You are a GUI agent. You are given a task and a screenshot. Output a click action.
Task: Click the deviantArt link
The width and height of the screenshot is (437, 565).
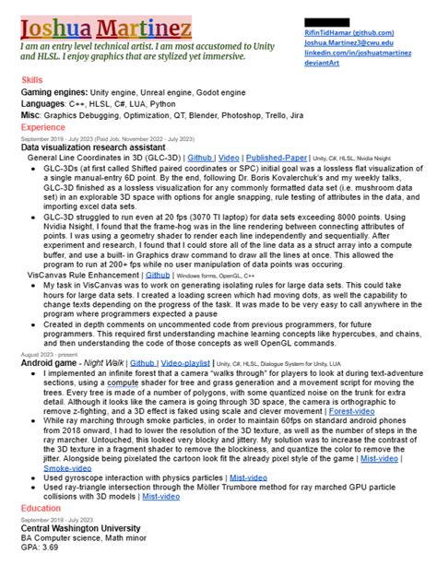[320, 65]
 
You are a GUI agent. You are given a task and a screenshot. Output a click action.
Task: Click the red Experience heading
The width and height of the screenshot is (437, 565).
[42, 127]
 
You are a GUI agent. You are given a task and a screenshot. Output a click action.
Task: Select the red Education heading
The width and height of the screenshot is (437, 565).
[41, 508]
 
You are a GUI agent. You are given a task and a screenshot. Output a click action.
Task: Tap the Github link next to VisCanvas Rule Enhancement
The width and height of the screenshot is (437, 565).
[159, 275]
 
